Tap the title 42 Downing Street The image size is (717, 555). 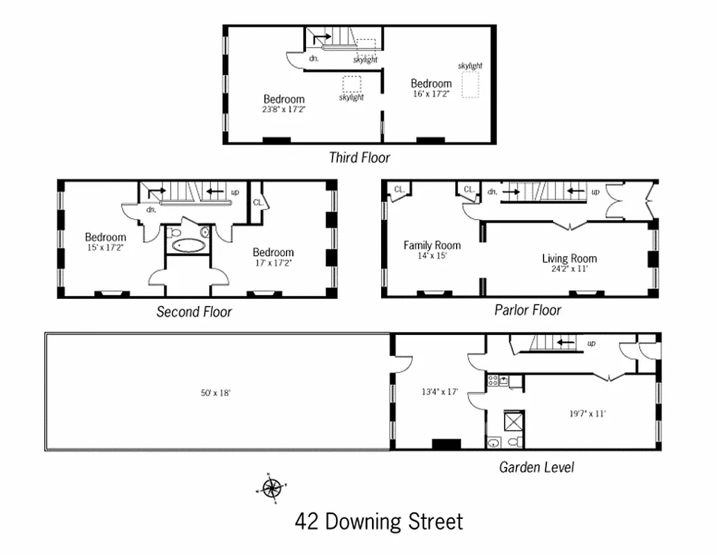tap(378, 521)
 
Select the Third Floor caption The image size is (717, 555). tap(359, 157)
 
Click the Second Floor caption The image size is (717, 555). tap(194, 311)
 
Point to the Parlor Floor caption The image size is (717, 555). tap(528, 309)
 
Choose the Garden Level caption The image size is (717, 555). tap(537, 467)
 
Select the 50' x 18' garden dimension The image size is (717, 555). tap(215, 393)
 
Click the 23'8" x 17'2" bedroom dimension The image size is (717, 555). tap(283, 109)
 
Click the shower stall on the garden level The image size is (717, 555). tap(514, 421)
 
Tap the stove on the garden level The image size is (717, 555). tap(494, 380)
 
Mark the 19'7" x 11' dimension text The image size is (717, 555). tap(587, 413)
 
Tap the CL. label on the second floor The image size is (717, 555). tap(258, 203)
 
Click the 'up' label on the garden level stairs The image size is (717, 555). tap(591, 343)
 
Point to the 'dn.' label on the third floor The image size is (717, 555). tap(314, 59)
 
